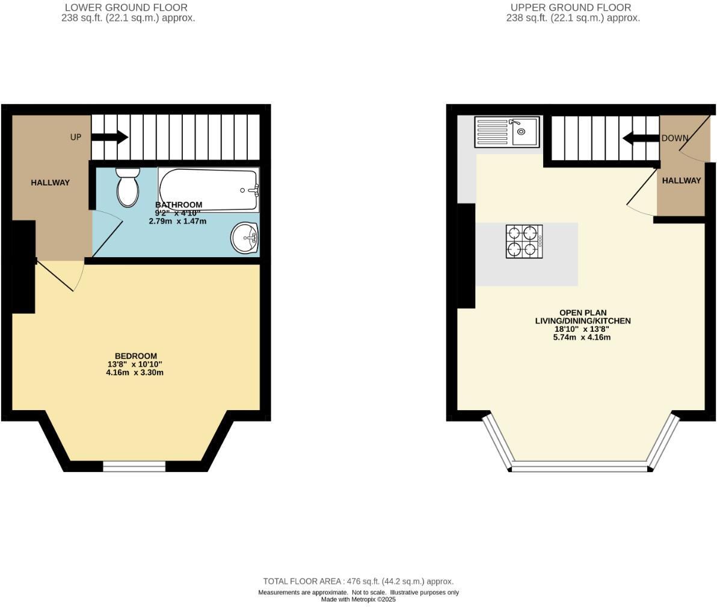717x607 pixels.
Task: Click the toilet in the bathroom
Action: coord(127,187)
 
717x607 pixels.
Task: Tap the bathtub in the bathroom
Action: coord(208,189)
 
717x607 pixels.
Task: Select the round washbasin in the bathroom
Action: coord(245,238)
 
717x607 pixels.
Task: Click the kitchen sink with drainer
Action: coord(507,132)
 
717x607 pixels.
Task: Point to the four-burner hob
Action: coord(524,241)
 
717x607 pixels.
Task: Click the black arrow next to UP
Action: coord(109,137)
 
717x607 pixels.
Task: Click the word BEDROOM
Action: coord(136,356)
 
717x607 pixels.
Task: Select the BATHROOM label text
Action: coord(179,205)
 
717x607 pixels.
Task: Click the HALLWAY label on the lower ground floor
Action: coord(51,182)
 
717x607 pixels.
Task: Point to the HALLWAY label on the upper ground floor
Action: coord(682,181)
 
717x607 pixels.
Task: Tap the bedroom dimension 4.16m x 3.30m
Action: coord(135,373)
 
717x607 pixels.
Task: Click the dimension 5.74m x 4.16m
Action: coord(582,337)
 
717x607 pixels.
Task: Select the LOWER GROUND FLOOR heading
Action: coord(126,8)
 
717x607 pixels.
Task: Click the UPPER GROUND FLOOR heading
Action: coord(571,8)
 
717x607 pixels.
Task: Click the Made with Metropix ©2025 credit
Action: coord(358,600)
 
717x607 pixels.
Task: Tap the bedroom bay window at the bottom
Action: coord(134,465)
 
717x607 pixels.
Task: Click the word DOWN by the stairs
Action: coord(674,139)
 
